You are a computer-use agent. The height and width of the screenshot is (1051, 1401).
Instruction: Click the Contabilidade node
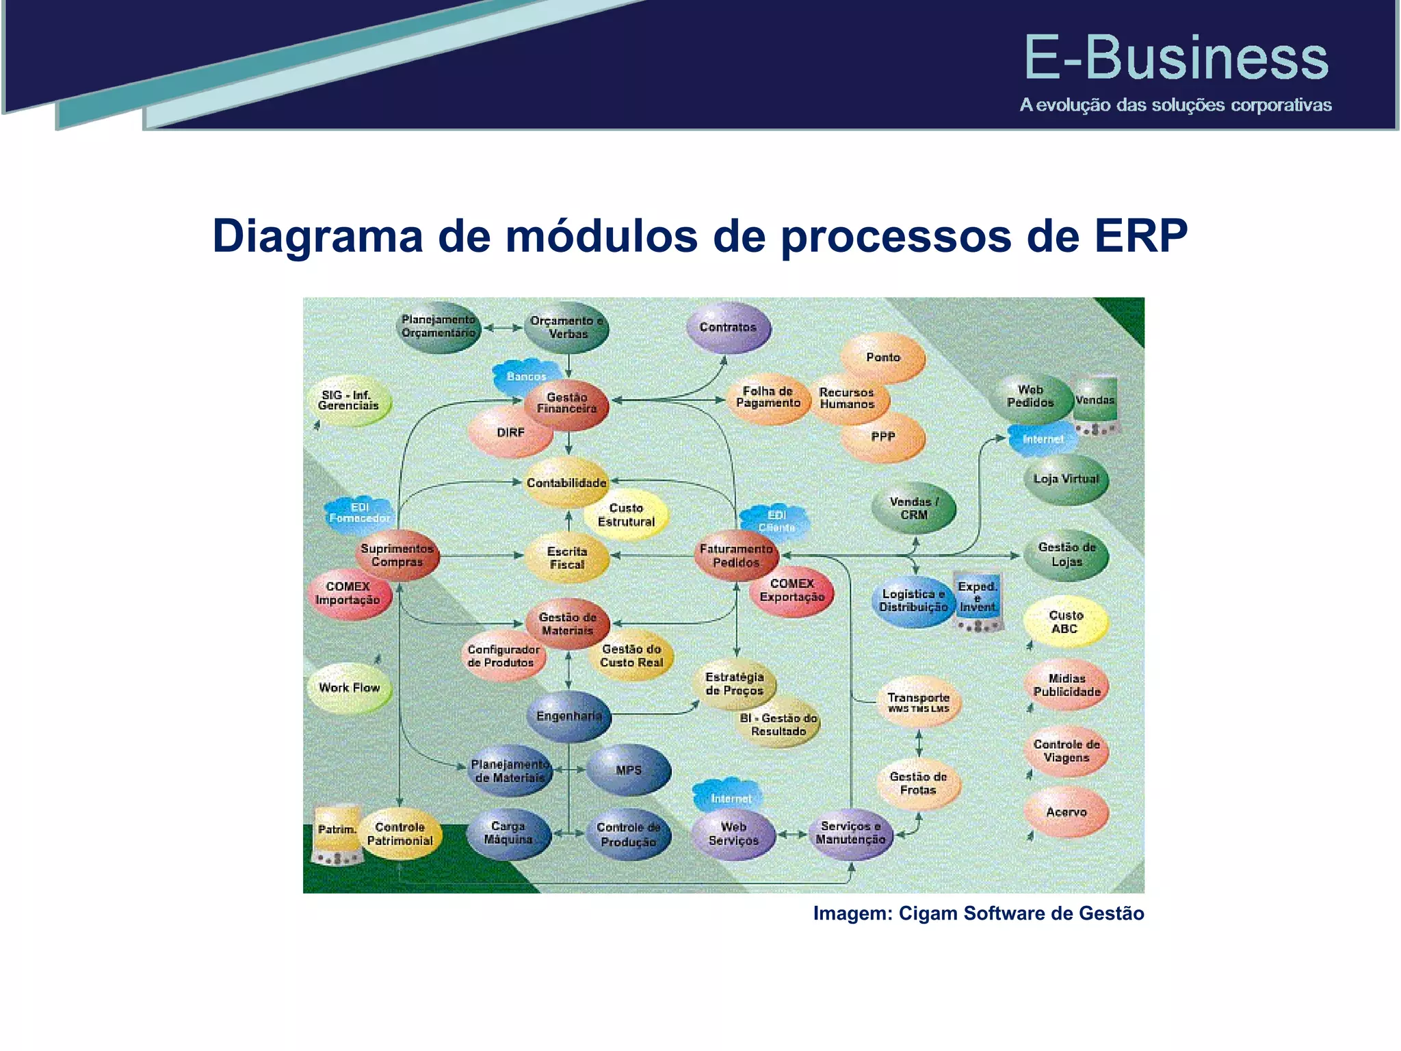click(x=566, y=482)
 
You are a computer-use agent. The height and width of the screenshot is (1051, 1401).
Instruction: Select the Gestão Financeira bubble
click(x=566, y=403)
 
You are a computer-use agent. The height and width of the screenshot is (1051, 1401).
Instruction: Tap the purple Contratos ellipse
click(x=728, y=328)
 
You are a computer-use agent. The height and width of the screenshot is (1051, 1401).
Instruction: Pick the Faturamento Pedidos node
click(x=736, y=556)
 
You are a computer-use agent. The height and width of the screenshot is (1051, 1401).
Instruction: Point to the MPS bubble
click(x=629, y=770)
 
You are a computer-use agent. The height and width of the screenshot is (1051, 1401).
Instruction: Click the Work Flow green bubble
click(x=349, y=688)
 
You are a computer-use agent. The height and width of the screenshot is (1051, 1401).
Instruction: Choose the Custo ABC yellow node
click(x=1065, y=622)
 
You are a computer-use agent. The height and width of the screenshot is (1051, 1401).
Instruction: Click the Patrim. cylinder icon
click(x=337, y=833)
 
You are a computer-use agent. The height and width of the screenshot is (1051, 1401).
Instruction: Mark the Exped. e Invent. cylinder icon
click(x=978, y=599)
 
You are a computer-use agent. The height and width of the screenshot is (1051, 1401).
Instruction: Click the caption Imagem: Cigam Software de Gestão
click(x=978, y=913)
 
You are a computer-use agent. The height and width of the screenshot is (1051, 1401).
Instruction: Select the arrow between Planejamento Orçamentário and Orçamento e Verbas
click(x=503, y=328)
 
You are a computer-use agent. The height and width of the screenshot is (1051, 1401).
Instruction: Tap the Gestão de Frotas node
click(x=918, y=783)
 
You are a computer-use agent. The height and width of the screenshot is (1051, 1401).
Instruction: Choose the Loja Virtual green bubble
click(x=1066, y=480)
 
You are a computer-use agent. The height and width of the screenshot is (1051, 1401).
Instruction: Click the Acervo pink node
click(x=1066, y=812)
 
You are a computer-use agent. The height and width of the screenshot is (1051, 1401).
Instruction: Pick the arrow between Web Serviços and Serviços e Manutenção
click(x=792, y=834)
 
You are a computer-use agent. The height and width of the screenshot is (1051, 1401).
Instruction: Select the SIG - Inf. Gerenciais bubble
click(x=349, y=401)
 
